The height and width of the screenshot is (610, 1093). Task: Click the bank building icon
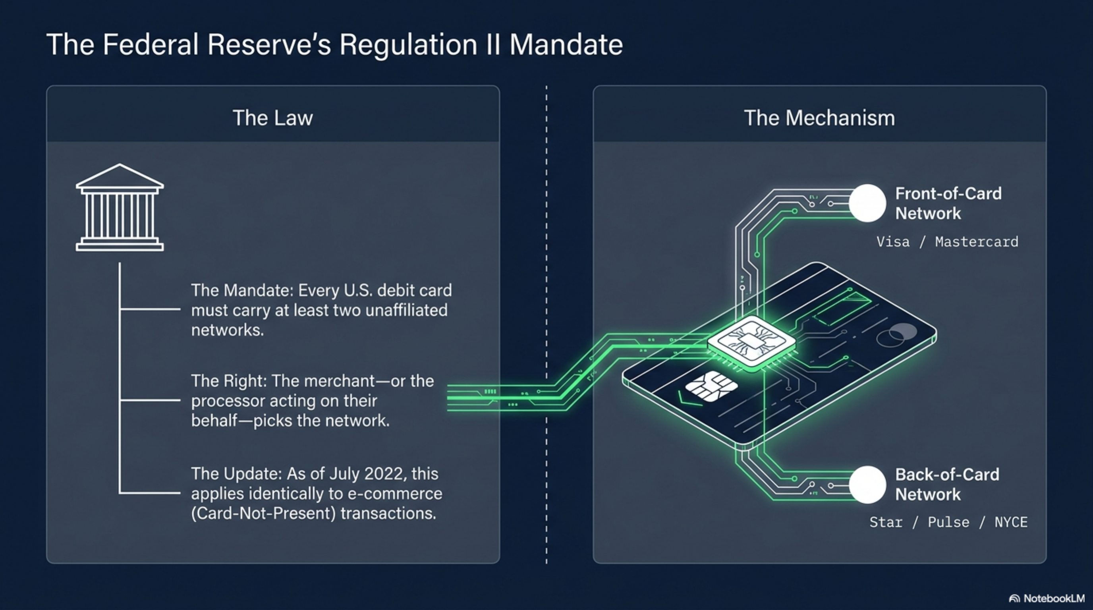(x=120, y=207)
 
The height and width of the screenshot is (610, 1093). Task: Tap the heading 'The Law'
(x=273, y=118)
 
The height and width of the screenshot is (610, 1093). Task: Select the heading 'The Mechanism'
(x=819, y=118)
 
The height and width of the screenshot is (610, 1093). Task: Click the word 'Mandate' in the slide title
(x=566, y=44)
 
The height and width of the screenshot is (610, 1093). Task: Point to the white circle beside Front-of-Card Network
(x=868, y=203)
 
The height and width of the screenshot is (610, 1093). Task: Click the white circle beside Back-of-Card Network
(x=868, y=485)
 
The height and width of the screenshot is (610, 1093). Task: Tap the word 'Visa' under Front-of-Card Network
(x=893, y=242)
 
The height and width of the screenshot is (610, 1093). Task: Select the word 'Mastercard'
(x=976, y=242)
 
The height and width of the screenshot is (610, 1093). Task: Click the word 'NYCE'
(x=1011, y=522)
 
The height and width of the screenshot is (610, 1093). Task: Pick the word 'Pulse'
(x=949, y=522)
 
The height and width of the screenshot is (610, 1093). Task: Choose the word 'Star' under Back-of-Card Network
(x=886, y=522)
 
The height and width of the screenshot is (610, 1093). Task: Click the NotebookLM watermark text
(x=1054, y=598)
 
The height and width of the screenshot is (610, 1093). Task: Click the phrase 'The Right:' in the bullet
(x=229, y=381)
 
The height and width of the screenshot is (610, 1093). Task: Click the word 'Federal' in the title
(x=151, y=44)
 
